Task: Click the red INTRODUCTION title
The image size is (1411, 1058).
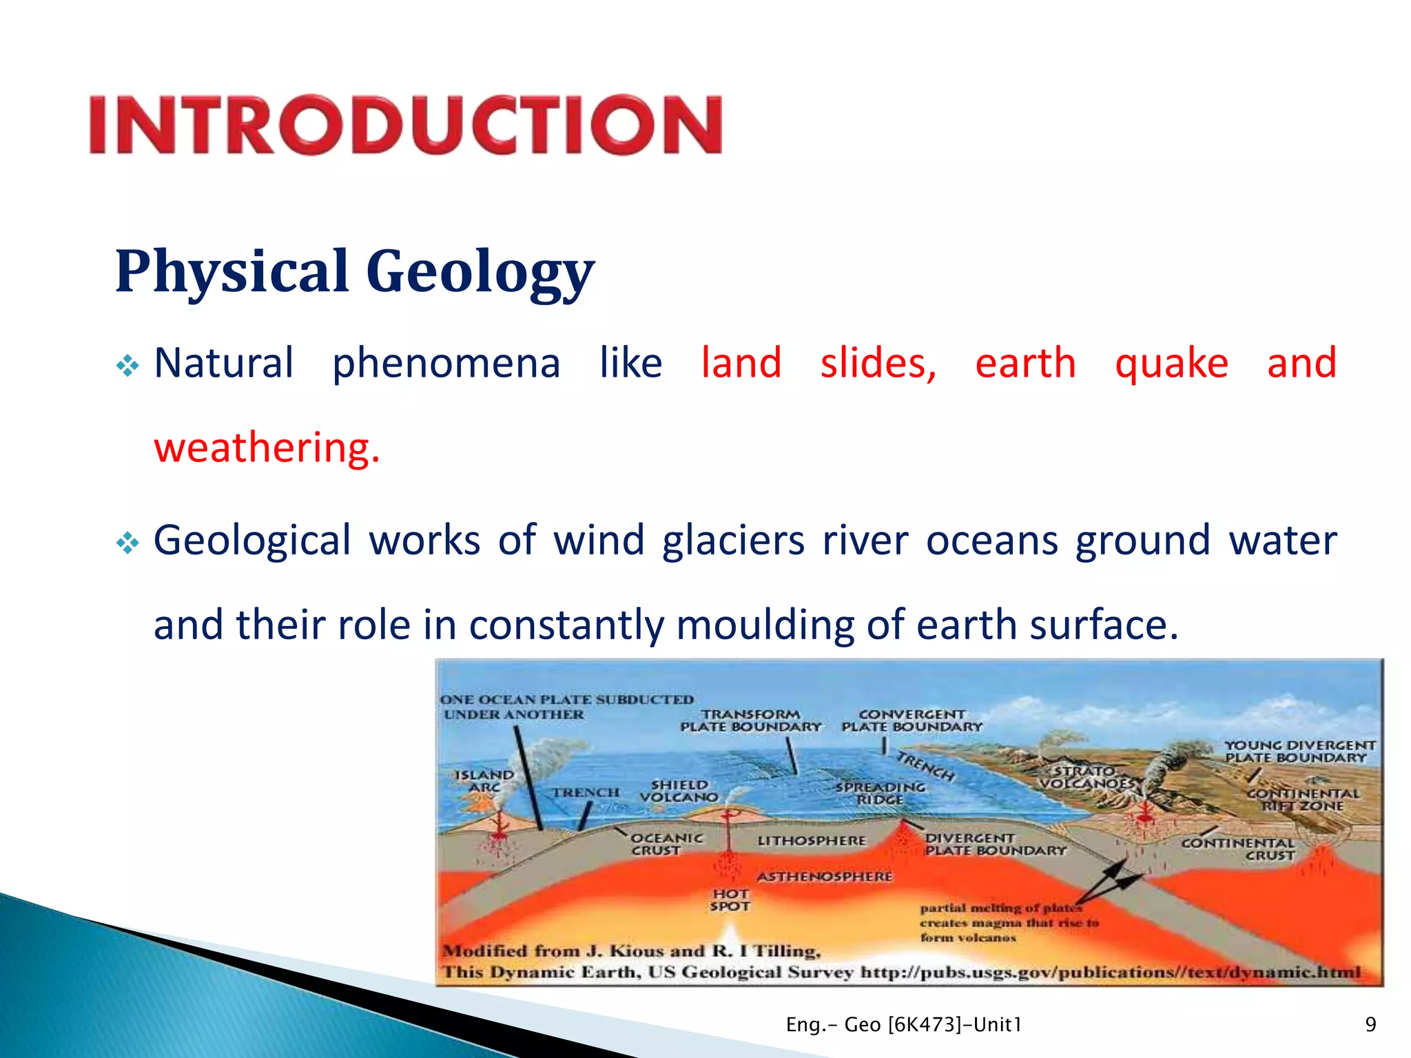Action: click(x=405, y=125)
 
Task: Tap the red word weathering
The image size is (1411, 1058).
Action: click(x=266, y=448)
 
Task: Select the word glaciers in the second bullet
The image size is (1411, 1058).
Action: click(x=733, y=540)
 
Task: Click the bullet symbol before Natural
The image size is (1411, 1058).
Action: click(x=127, y=366)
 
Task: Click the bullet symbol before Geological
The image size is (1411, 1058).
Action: click(x=127, y=543)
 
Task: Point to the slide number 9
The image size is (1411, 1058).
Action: click(x=1370, y=1025)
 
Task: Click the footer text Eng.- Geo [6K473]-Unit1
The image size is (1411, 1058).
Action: click(x=903, y=1025)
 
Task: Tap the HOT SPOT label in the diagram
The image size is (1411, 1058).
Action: click(x=730, y=900)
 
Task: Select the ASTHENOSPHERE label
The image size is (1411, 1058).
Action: click(x=825, y=877)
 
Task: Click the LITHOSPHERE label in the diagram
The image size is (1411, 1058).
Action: click(x=811, y=841)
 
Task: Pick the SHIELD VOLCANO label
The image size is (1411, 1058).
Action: click(x=679, y=791)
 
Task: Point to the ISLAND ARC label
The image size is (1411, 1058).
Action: click(x=484, y=781)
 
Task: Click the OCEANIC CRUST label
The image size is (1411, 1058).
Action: click(x=666, y=844)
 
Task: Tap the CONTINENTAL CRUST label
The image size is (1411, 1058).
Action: click(x=1238, y=849)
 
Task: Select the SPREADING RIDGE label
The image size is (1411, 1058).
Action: click(x=880, y=793)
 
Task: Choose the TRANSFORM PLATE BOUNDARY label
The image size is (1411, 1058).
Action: click(x=751, y=720)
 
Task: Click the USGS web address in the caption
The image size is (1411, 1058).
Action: click(x=1110, y=973)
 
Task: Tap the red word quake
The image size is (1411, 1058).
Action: click(x=1171, y=364)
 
